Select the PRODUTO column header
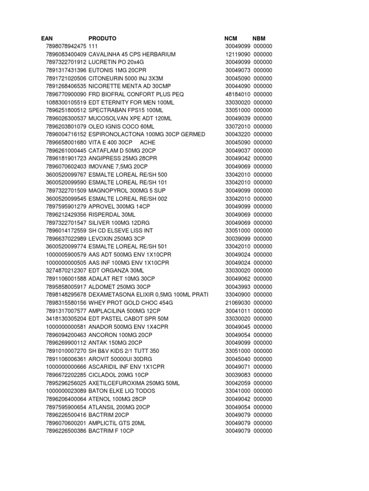point(102,38)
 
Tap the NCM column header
point(231,38)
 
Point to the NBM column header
point(259,38)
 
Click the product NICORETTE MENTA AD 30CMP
point(129,86)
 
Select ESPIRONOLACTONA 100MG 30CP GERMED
point(147,134)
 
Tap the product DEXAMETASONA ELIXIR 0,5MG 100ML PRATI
point(148,294)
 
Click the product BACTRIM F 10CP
point(111,431)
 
